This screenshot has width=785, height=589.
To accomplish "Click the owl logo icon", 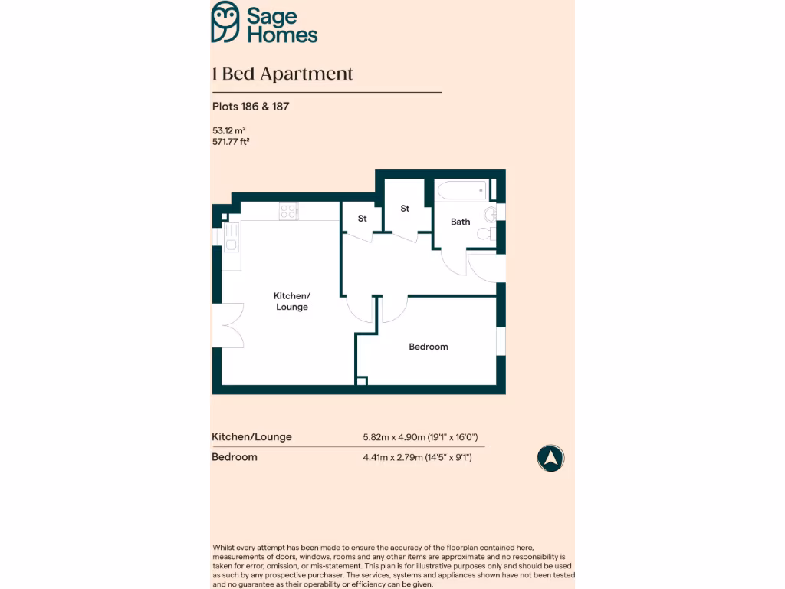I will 225,21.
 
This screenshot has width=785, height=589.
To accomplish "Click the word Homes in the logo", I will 281,34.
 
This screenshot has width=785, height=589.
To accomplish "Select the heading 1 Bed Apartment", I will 282,74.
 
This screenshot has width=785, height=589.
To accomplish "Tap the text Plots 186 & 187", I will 251,107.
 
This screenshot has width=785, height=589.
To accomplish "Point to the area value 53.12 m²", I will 228,130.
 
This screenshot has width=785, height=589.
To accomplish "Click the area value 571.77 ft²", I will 232,141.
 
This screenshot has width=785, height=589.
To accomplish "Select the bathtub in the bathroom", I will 461,190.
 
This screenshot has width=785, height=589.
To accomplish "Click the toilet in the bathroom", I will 486,233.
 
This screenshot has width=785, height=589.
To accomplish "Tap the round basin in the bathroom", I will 491,213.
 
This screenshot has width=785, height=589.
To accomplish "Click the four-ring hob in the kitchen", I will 289,211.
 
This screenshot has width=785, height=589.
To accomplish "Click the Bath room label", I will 460,222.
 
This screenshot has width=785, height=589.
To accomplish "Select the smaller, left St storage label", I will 363,219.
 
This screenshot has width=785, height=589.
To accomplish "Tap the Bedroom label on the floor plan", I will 428,347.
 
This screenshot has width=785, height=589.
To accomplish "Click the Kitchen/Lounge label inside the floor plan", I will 291,301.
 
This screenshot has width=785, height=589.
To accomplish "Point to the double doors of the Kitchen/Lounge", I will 228,325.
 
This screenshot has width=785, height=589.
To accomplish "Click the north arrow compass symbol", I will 550,459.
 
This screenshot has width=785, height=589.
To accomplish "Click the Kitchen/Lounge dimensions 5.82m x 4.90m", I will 420,437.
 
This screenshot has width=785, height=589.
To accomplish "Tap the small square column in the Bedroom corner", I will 362,380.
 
